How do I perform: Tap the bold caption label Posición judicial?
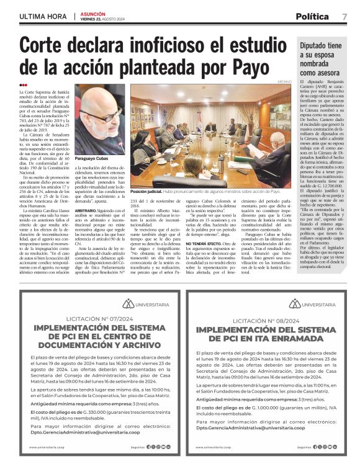pos(145,192)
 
